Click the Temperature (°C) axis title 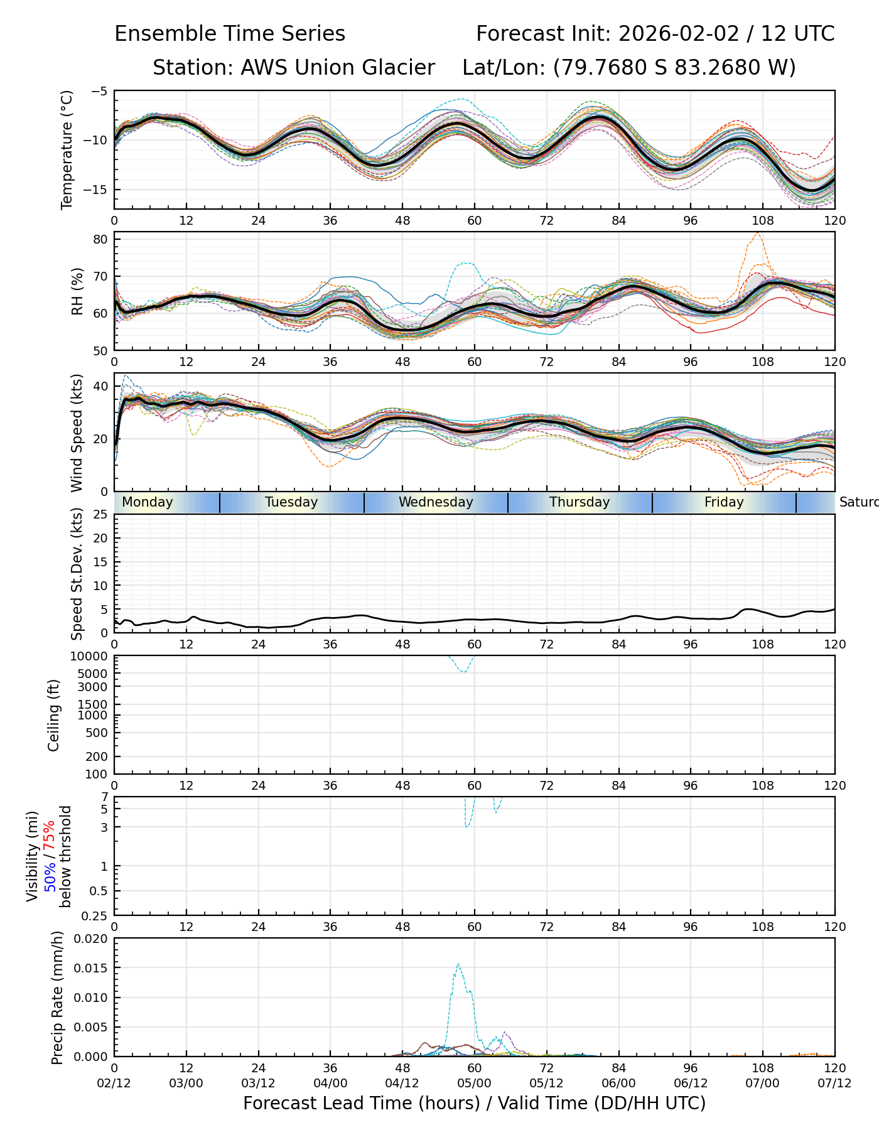(x=67, y=149)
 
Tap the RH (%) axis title (x=77, y=291)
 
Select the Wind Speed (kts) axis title (x=77, y=433)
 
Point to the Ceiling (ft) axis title (x=54, y=715)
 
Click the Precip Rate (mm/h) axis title (x=58, y=998)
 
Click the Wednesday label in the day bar (x=436, y=502)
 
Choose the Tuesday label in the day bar (x=291, y=502)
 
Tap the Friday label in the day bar (x=724, y=502)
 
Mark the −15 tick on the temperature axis (x=97, y=190)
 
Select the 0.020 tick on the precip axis (x=91, y=939)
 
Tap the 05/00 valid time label (x=474, y=1083)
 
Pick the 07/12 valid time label (x=834, y=1083)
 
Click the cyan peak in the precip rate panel (x=458, y=964)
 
